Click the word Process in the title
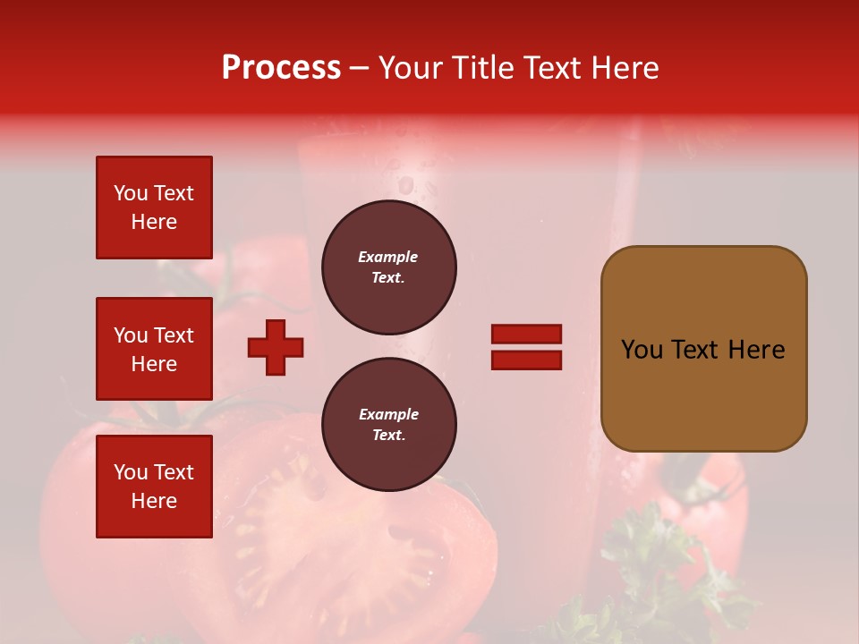pyautogui.click(x=281, y=68)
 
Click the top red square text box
pyautogui.click(x=154, y=208)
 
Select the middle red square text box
pyautogui.click(x=154, y=349)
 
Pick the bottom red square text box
pyautogui.click(x=154, y=487)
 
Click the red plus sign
pyautogui.click(x=276, y=347)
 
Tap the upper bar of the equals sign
pyautogui.click(x=526, y=334)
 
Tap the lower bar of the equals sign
pyautogui.click(x=526, y=360)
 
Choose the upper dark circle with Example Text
pyautogui.click(x=389, y=267)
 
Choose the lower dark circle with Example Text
pyautogui.click(x=389, y=425)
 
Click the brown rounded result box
pyautogui.click(x=703, y=349)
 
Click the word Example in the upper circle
pyautogui.click(x=387, y=258)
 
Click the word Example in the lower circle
pyautogui.click(x=387, y=415)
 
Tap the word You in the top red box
pyautogui.click(x=131, y=193)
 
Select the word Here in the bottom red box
pyautogui.click(x=154, y=502)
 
